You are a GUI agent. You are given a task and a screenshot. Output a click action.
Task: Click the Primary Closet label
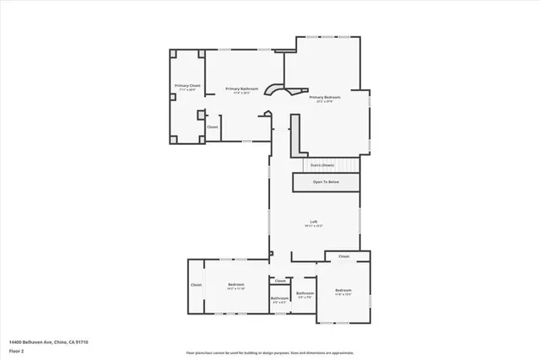[187, 85]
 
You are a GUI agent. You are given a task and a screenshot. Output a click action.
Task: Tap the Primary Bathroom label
[242, 89]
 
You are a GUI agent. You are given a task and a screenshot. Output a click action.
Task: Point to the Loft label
[313, 222]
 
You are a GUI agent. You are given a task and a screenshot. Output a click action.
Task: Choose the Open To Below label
[326, 181]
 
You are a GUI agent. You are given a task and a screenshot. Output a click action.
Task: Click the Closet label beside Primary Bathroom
[213, 127]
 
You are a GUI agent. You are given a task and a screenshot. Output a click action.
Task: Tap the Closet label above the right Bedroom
[343, 256]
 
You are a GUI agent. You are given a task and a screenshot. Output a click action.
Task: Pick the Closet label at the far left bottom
[197, 285]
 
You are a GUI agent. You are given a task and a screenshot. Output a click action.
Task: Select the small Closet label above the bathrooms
[280, 281]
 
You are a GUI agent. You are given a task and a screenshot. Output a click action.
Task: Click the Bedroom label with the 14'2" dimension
[235, 285]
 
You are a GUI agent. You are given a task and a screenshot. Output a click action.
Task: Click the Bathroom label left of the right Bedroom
[305, 293]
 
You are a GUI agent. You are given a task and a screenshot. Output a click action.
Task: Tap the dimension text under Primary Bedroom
[327, 102]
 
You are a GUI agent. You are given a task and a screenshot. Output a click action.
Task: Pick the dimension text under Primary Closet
[187, 89]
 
